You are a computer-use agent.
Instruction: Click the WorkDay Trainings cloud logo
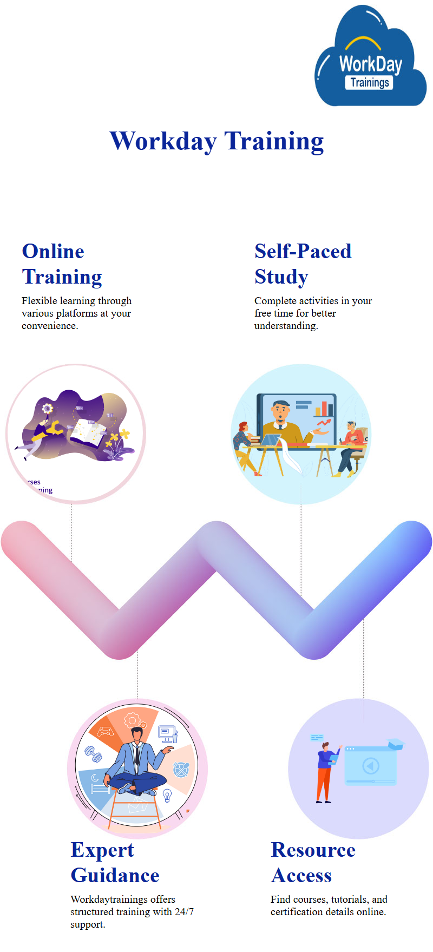pyautogui.click(x=371, y=57)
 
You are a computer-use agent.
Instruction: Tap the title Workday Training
pyautogui.click(x=216, y=141)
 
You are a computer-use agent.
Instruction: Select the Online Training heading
pyautogui.click(x=62, y=264)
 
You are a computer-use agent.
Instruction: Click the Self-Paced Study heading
pyautogui.click(x=303, y=264)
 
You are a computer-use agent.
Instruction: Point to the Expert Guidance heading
pyautogui.click(x=115, y=863)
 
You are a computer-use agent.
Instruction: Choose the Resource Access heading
pyautogui.click(x=313, y=863)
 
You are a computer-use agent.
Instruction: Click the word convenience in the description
pyautogui.click(x=49, y=326)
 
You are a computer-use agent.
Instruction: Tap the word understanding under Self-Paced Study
pyautogui.click(x=286, y=326)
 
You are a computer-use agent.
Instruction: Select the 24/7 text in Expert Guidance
pyautogui.click(x=184, y=912)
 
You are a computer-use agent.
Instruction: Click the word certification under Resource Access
pyautogui.click(x=296, y=912)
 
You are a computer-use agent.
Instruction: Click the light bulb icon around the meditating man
pyautogui.click(x=167, y=795)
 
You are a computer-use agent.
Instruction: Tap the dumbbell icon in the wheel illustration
pyautogui.click(x=93, y=754)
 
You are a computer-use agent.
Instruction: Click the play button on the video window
pyautogui.click(x=371, y=766)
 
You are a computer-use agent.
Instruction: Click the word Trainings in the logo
pyautogui.click(x=370, y=83)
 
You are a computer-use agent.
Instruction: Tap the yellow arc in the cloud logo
pyautogui.click(x=363, y=43)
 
